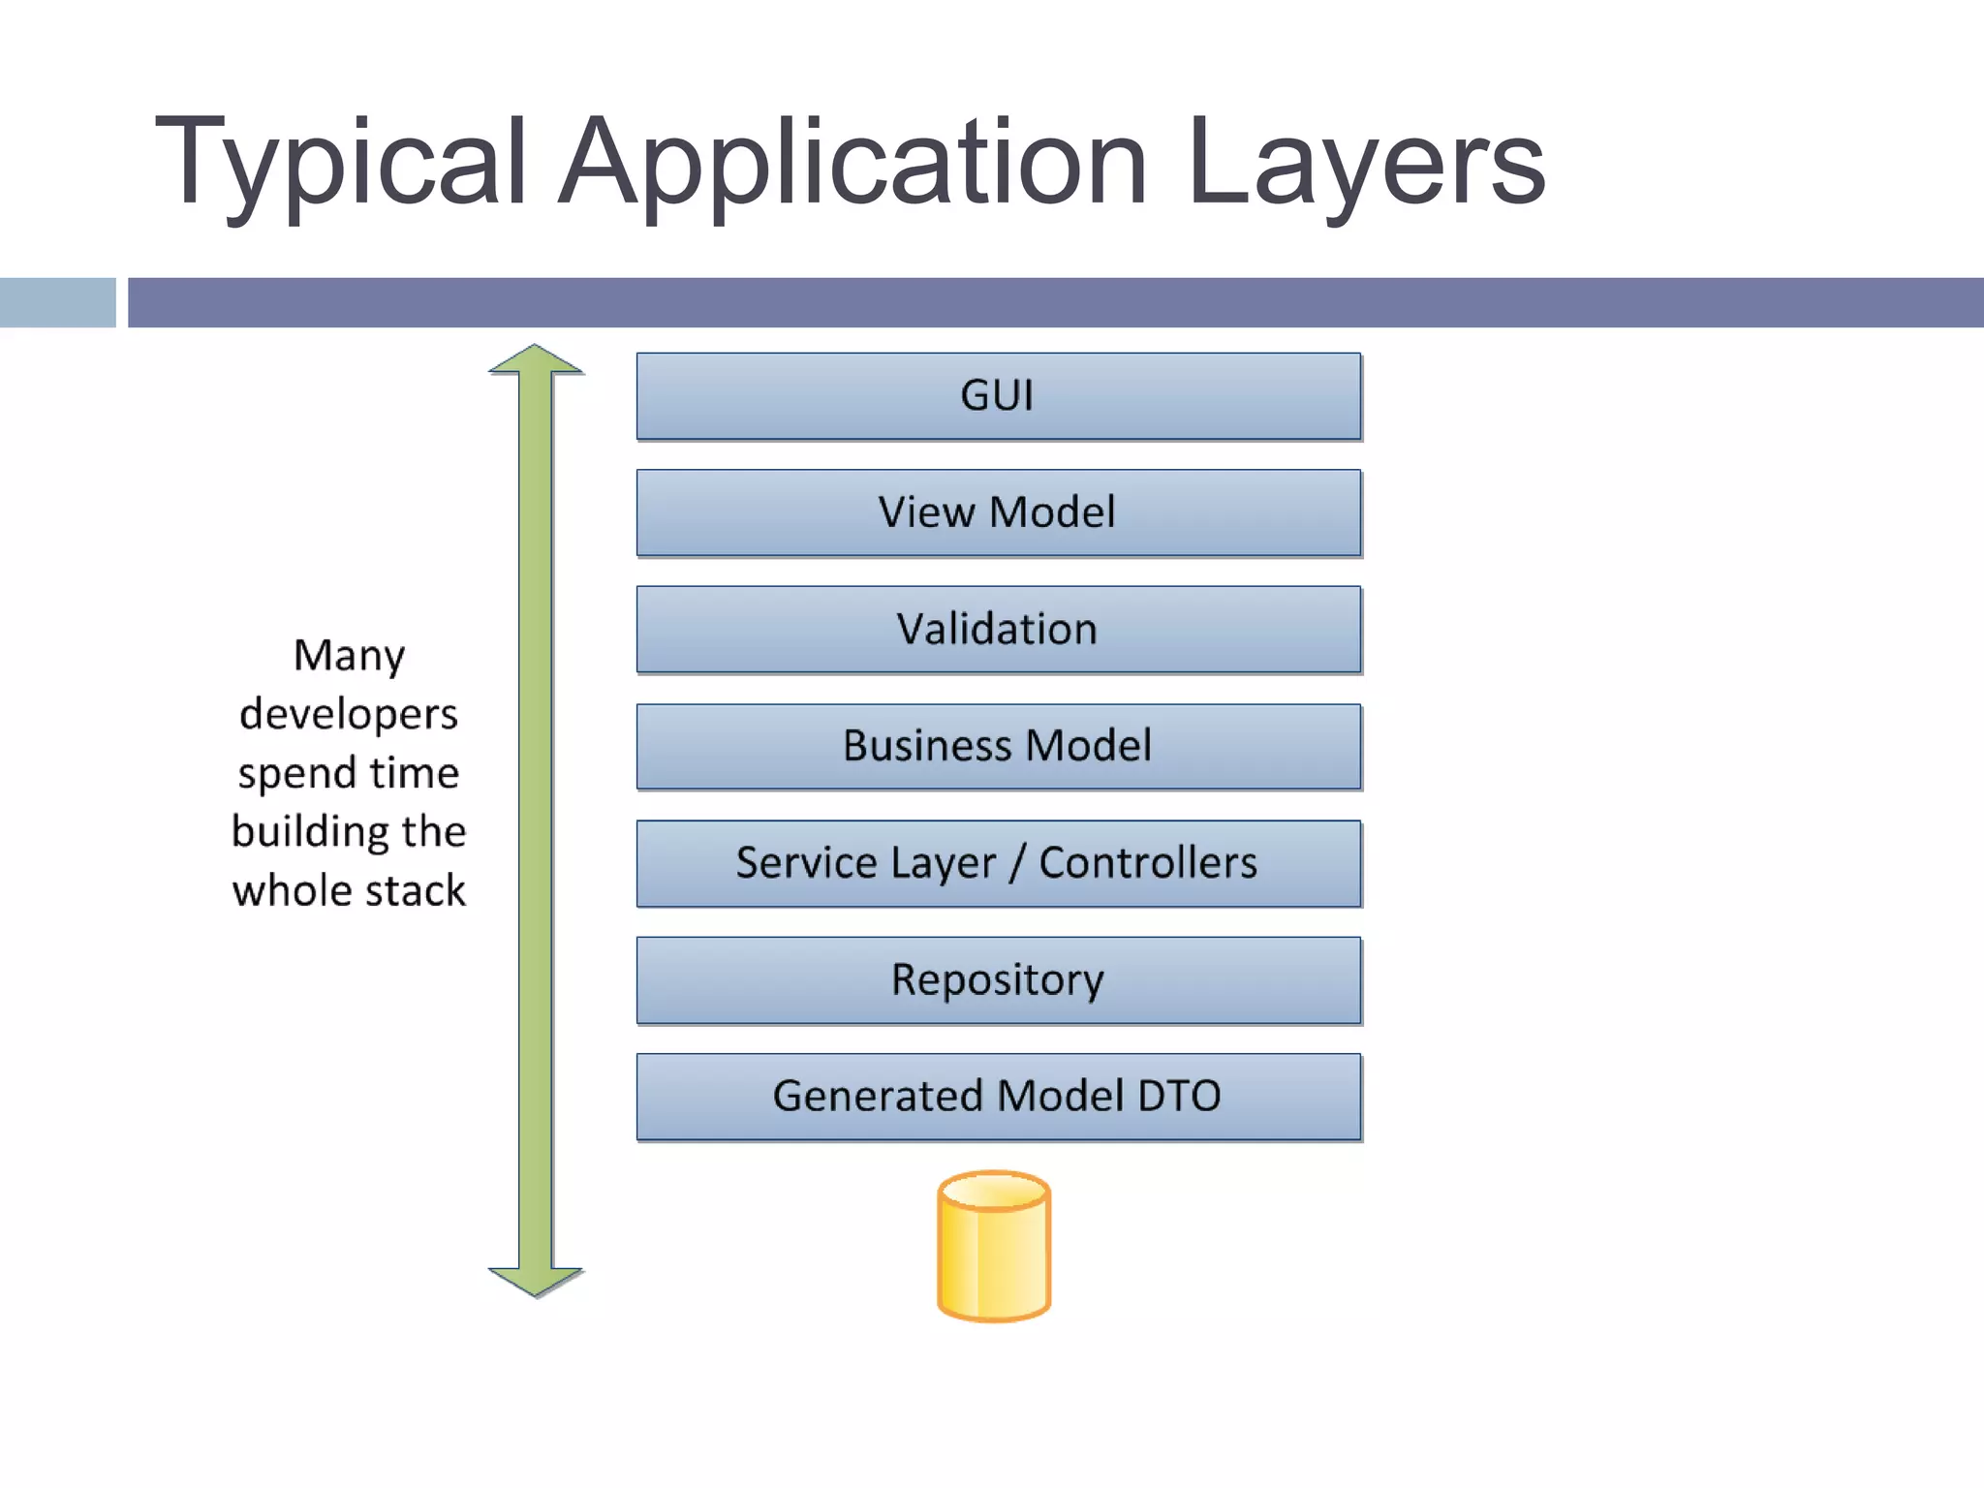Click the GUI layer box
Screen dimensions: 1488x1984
pyautogui.click(x=998, y=396)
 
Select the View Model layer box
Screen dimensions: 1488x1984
pyautogui.click(x=998, y=512)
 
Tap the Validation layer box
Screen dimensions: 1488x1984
pyautogui.click(x=998, y=630)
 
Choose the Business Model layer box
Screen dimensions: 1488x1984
pyautogui.click(x=998, y=746)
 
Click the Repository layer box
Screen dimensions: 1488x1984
pyautogui.click(x=998, y=979)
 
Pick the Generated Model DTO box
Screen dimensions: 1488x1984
pyautogui.click(x=998, y=1097)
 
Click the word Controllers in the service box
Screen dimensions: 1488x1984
pyautogui.click(x=1147, y=862)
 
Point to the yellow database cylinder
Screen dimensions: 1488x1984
pyautogui.click(x=994, y=1248)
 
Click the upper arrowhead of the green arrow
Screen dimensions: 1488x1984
pyautogui.click(x=536, y=360)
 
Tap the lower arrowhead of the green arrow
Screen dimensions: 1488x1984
pyautogui.click(x=536, y=1281)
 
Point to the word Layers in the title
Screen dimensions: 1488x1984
pyautogui.click(x=1366, y=163)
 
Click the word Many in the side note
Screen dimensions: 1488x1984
pyautogui.click(x=349, y=657)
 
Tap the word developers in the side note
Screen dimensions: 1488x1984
pyautogui.click(x=349, y=715)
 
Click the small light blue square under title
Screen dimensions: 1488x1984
pyautogui.click(x=57, y=302)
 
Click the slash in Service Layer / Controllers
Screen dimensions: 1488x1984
pyautogui.click(x=1016, y=863)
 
